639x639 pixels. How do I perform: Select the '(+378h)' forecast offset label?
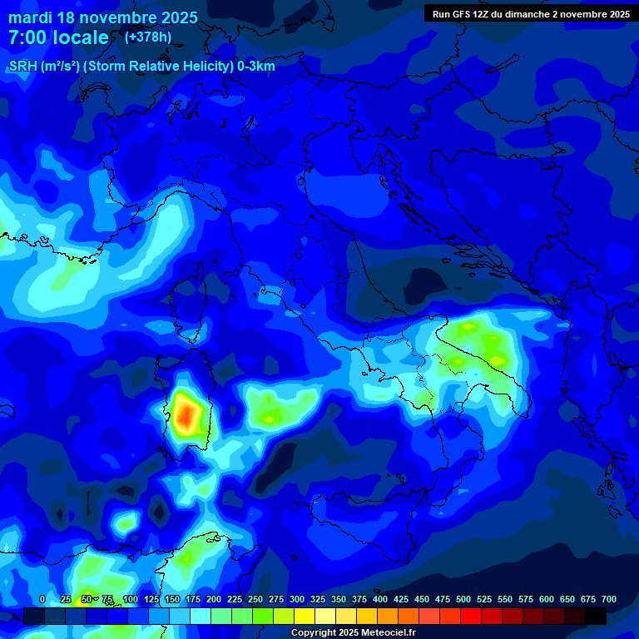click(148, 37)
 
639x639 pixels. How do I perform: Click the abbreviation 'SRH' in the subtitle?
click(23, 67)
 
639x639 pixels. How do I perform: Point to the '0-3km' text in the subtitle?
click(255, 67)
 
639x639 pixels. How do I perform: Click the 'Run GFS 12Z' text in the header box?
click(463, 14)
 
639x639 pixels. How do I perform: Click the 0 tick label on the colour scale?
click(42, 599)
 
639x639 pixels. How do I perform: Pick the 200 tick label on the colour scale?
click(214, 599)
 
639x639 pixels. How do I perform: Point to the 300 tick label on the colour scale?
click(297, 599)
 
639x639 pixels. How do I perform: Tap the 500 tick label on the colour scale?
click(463, 599)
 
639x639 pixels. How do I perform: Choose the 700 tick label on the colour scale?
click(609, 599)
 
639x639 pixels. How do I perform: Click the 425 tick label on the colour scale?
click(401, 599)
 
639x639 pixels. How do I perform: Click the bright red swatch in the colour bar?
click(471, 617)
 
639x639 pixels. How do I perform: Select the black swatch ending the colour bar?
click(596, 617)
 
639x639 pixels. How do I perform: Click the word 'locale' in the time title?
click(78, 37)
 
